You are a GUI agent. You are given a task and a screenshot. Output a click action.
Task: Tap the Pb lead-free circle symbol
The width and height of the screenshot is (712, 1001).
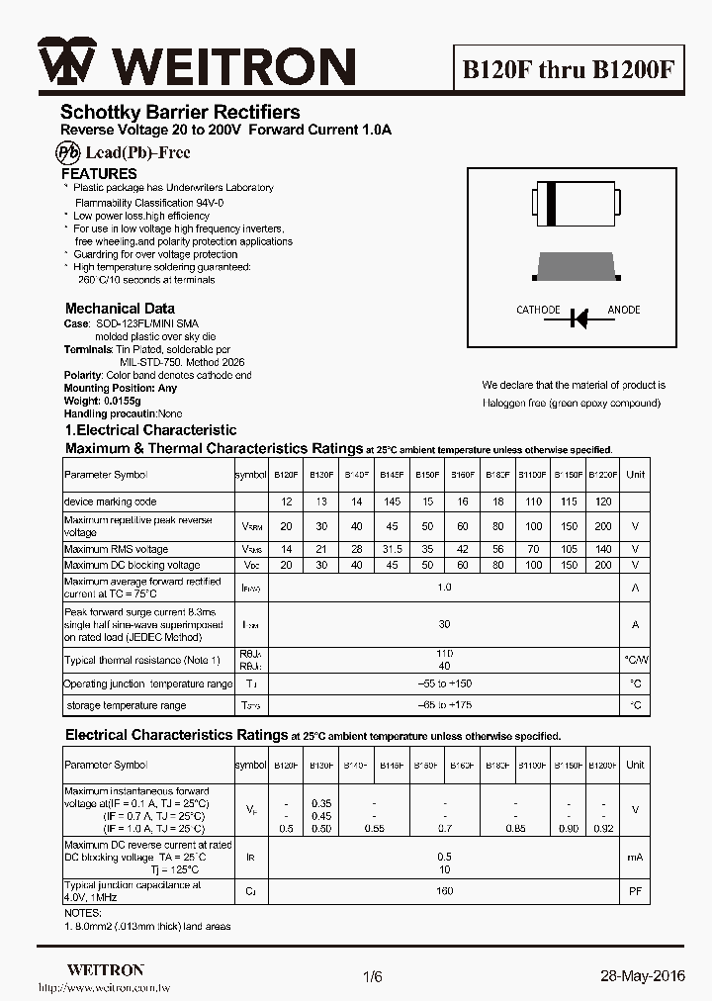(67, 152)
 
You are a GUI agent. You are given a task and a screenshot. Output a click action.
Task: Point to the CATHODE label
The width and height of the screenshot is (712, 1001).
(538, 310)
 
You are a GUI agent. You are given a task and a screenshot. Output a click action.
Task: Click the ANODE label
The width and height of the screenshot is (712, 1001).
(623, 310)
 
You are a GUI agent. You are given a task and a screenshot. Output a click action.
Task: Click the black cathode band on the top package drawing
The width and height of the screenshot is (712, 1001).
(551, 202)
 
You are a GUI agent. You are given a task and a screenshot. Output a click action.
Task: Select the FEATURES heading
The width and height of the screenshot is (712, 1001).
(99, 174)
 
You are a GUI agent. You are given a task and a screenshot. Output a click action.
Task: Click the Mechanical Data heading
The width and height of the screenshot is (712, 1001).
(120, 309)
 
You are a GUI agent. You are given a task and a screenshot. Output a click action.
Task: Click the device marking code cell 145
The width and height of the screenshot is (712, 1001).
(392, 501)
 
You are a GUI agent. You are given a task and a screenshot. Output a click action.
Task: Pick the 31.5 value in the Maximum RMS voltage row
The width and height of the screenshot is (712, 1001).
(392, 549)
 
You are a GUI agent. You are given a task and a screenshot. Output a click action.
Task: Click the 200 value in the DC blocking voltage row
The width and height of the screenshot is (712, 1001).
(603, 565)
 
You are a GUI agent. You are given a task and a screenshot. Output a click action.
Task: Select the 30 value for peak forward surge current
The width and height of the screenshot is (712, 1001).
(444, 624)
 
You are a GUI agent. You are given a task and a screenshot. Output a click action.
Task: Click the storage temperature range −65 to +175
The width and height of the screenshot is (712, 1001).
(444, 705)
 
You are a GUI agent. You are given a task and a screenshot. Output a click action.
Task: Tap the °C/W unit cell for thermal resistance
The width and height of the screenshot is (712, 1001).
(636, 659)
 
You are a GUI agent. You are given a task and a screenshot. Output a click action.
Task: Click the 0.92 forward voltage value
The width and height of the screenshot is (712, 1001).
(603, 827)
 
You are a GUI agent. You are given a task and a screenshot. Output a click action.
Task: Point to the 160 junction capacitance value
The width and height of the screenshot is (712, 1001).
(444, 891)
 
